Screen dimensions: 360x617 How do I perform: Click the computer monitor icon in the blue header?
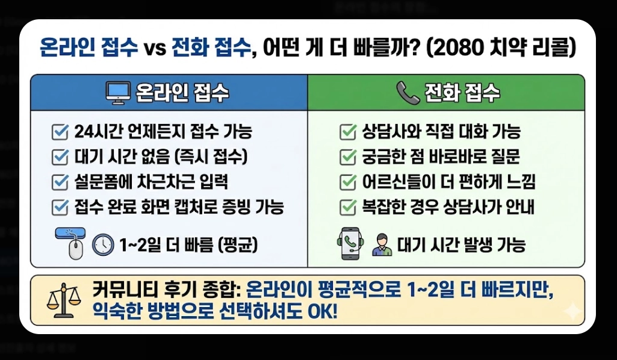tap(118, 93)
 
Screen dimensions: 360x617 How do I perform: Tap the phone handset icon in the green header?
tap(408, 93)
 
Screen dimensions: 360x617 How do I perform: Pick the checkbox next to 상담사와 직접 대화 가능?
tap(347, 131)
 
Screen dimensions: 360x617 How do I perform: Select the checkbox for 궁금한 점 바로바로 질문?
tap(347, 157)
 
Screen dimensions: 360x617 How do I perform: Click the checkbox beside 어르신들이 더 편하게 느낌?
tap(347, 182)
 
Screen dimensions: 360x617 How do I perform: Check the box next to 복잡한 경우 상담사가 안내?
tap(347, 207)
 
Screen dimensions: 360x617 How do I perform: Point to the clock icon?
tap(103, 244)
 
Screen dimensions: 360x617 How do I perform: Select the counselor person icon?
tap(381, 244)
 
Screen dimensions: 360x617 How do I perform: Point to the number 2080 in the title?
tap(460, 48)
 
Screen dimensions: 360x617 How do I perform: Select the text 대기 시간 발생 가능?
tap(461, 245)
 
